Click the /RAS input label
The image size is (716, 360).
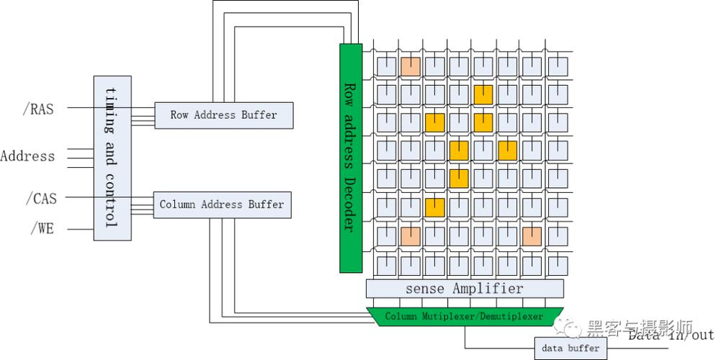(37, 109)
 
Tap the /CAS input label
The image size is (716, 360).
(40, 198)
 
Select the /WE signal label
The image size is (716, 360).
(42, 229)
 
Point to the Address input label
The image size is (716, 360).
(27, 156)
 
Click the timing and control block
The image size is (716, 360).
(112, 158)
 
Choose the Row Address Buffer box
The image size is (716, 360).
(224, 115)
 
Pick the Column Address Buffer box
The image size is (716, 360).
(222, 204)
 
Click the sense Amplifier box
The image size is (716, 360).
(465, 289)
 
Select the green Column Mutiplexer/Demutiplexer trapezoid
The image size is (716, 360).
(464, 316)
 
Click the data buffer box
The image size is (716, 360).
(570, 348)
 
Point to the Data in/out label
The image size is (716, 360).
(670, 335)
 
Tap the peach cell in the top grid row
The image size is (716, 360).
(411, 67)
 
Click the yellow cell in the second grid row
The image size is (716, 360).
(483, 94)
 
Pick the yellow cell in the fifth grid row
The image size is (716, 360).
(459, 179)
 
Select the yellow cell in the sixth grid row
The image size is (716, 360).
(434, 207)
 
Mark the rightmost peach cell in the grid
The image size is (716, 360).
(532, 235)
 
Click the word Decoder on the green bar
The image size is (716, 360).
(349, 202)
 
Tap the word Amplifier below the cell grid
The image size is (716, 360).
(488, 289)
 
